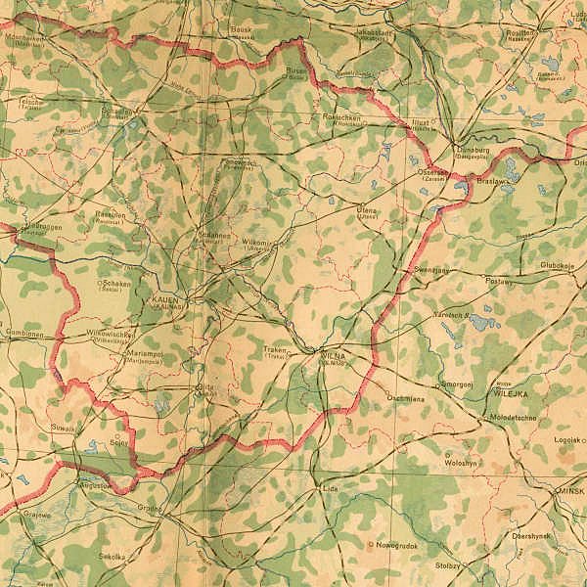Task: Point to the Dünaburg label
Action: pos(472,149)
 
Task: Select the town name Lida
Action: pos(329,486)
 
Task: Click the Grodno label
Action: pos(150,508)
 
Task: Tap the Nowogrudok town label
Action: pos(396,544)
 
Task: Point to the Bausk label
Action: pos(241,30)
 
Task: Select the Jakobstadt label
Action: pos(374,32)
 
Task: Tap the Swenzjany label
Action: pos(430,269)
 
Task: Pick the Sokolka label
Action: pos(113,556)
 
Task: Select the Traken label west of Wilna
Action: pos(275,349)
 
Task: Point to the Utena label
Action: pos(368,209)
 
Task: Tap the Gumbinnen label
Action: pos(23,333)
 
